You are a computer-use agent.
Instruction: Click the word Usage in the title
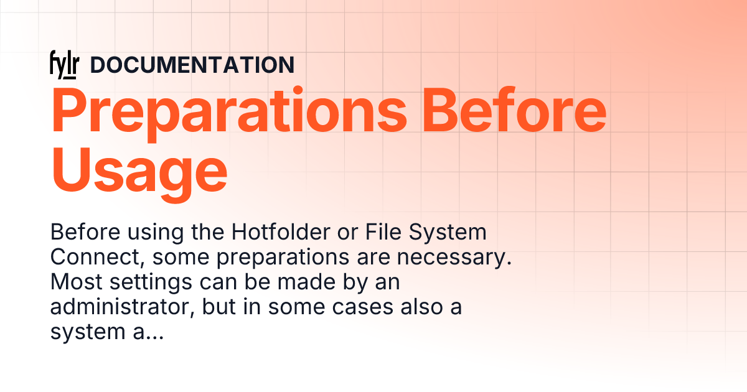tap(139, 169)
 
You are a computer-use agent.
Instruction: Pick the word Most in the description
tap(73, 282)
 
